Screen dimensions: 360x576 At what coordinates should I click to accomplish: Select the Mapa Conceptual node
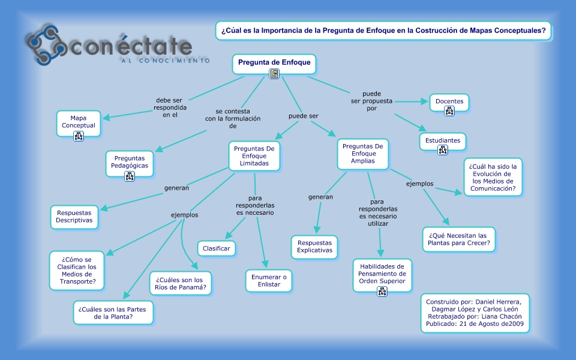(x=79, y=122)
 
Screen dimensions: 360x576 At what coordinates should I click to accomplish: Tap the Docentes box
(x=449, y=102)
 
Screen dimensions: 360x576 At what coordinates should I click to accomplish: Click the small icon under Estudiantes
(x=443, y=150)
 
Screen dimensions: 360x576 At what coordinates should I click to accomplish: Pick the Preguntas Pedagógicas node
(x=130, y=163)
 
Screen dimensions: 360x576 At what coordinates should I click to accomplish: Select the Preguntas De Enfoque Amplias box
(x=362, y=154)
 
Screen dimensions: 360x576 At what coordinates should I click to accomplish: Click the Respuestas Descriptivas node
(x=75, y=217)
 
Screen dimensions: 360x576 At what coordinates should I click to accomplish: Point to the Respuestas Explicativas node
(x=314, y=247)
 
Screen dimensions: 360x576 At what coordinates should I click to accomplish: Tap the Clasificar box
(x=217, y=248)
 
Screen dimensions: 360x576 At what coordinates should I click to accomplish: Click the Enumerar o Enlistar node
(x=268, y=280)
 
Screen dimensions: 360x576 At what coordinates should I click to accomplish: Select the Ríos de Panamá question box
(x=181, y=284)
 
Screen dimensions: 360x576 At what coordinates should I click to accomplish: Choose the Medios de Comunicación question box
(x=494, y=176)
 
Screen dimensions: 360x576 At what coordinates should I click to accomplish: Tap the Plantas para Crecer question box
(x=459, y=239)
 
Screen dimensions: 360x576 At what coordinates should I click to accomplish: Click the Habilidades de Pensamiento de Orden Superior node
(x=382, y=274)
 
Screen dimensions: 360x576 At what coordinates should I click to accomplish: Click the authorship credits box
(x=475, y=313)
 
